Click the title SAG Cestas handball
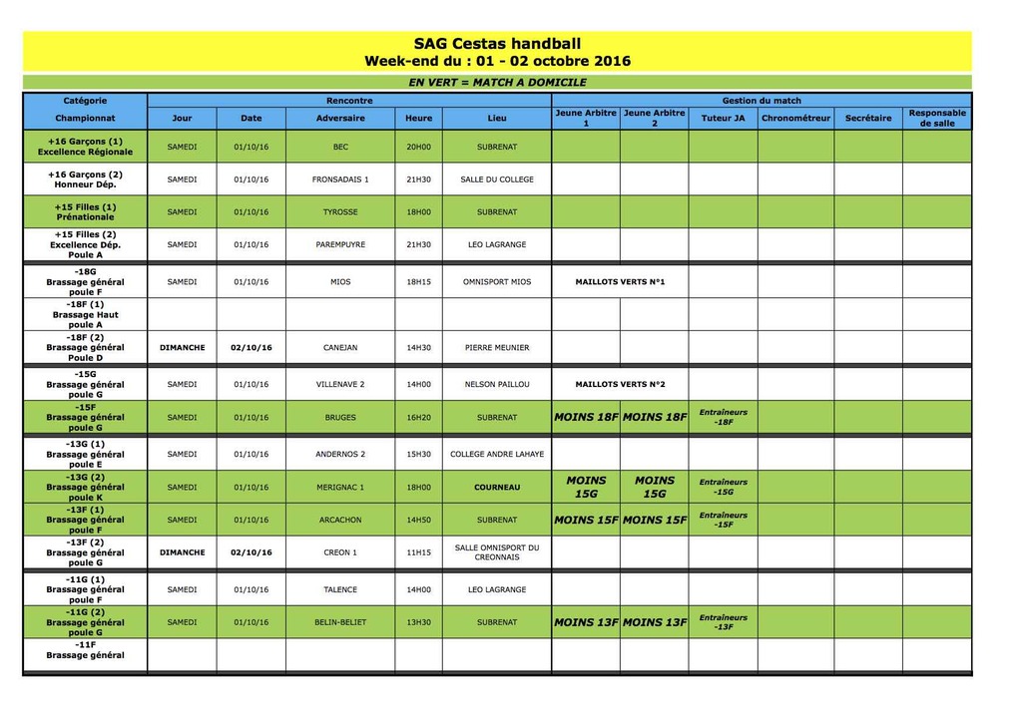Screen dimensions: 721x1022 497,43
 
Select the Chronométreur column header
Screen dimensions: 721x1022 795,118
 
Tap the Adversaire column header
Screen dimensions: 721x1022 340,118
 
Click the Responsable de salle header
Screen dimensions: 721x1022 937,118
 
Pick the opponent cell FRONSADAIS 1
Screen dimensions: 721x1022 340,180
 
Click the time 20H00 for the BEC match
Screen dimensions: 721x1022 419,147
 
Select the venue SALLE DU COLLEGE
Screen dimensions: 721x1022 497,180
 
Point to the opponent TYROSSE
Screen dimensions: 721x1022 340,211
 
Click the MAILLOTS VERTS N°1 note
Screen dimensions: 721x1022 620,282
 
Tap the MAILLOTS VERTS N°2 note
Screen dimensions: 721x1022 620,384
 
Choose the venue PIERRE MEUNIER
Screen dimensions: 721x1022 497,348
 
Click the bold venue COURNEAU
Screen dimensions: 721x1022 497,488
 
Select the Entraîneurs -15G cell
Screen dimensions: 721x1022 724,487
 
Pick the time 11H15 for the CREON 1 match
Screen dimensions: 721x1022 419,552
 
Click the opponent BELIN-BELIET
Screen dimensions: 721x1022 340,622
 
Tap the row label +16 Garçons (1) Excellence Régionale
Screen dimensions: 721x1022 85,147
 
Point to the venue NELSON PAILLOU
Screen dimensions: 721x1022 497,384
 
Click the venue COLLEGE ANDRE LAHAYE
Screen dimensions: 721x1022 497,454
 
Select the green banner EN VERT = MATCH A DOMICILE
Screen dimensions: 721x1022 497,83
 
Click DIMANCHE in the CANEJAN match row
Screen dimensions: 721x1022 182,348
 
